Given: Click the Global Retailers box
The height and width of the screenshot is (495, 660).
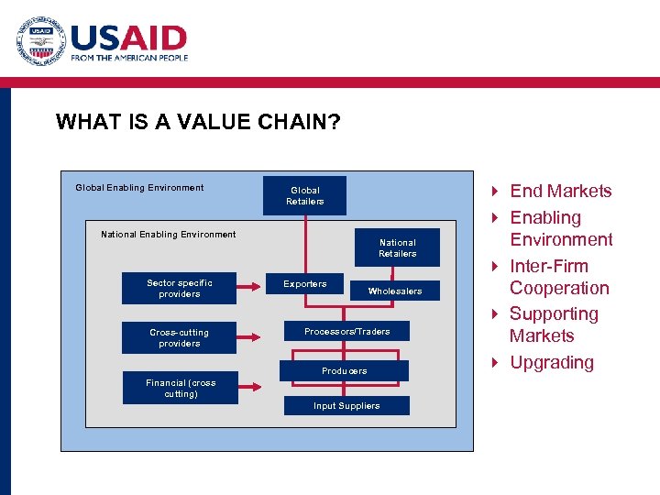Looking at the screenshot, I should pos(304,196).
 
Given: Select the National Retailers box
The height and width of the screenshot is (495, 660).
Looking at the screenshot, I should pos(397,248).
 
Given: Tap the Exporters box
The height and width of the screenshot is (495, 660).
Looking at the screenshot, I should pos(304,284).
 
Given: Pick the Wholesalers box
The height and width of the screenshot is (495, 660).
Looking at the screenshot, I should pos(395,291).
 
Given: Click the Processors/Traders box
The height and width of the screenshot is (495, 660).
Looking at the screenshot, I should pos(346,332).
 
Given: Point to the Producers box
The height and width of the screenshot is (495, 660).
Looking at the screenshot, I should pos(345,371).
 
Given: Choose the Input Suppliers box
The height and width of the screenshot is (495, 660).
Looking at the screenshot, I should pos(346,406).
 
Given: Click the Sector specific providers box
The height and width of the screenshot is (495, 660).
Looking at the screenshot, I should pos(179,289).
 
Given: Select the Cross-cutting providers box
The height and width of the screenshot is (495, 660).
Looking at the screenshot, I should pos(179,338).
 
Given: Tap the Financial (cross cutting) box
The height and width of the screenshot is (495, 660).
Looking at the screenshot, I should pos(180,389).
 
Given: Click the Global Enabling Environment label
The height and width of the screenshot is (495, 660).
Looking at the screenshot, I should pos(139,188).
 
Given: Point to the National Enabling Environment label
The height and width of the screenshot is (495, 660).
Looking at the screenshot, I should pos(168,235).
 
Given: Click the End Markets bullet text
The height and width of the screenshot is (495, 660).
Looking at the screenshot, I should pos(560,191).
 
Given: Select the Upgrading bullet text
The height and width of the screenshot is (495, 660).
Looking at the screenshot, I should pos(551,362).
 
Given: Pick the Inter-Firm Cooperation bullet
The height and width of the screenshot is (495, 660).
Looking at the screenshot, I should pos(559,277).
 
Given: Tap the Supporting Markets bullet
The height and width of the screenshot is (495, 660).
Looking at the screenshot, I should pos(553,324).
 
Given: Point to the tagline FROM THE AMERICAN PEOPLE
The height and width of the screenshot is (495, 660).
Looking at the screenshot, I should pos(129,58).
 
